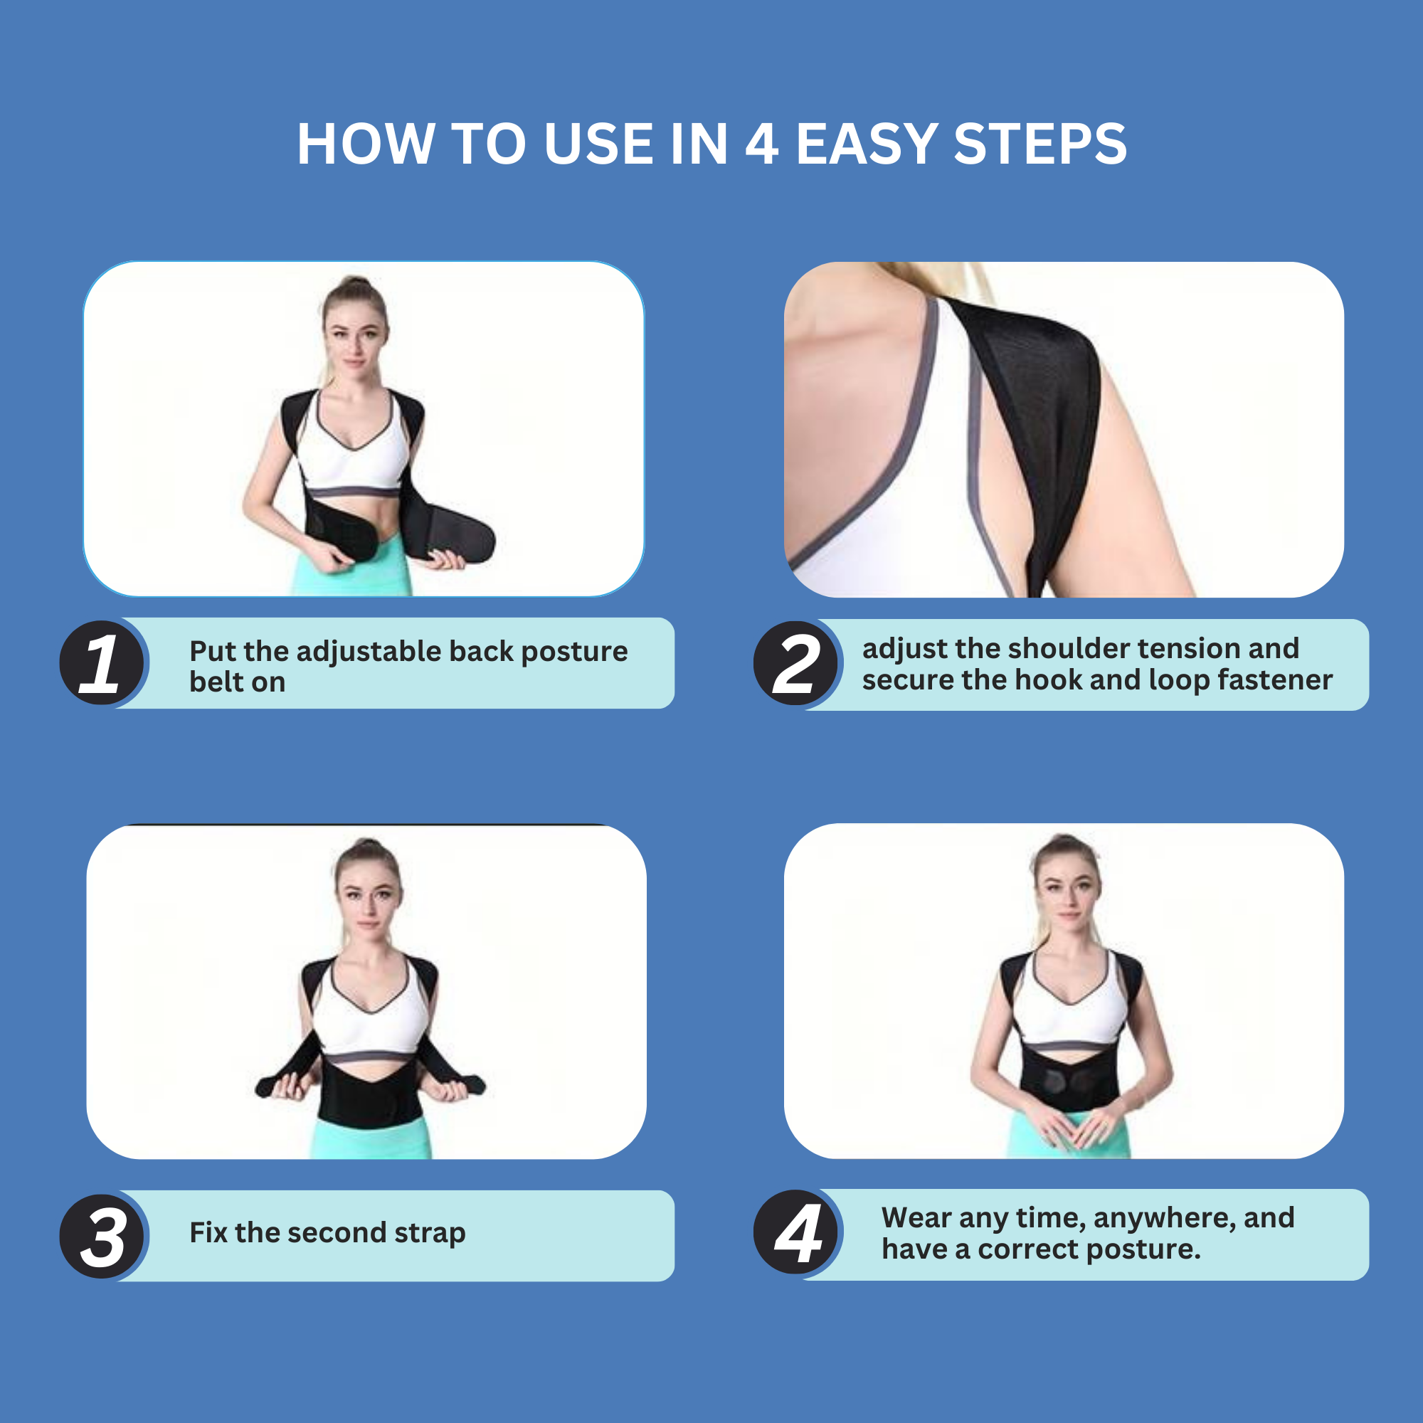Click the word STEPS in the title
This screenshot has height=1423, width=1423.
pos(1040,144)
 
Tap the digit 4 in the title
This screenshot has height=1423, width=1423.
pos(761,144)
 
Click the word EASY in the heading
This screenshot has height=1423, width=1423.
pos(866,144)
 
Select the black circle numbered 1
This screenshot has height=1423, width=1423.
pos(102,662)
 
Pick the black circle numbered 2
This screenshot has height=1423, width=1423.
pos(795,663)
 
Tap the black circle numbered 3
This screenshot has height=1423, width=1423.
pos(102,1236)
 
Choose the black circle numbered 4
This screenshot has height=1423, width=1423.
pos(795,1233)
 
